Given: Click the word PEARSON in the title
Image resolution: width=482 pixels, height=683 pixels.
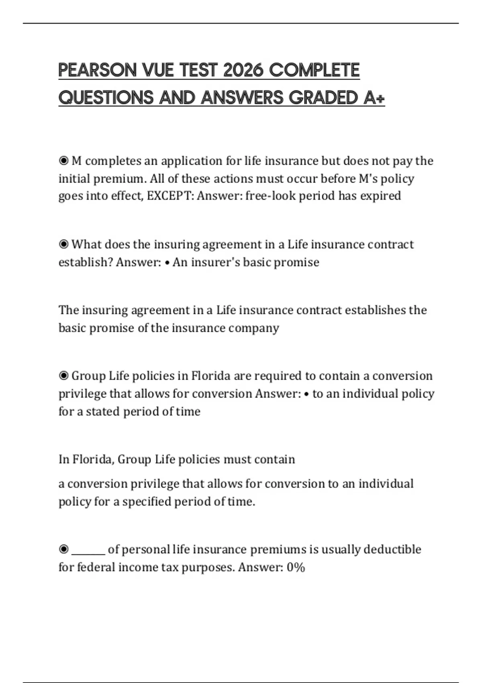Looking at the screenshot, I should pos(98,70).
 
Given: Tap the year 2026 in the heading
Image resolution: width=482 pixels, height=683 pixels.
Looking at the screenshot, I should pos(243,70).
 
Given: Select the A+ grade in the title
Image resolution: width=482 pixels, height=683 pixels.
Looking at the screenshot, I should pos(374,98).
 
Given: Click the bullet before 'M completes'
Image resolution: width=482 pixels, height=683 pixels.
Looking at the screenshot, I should pos(63,161).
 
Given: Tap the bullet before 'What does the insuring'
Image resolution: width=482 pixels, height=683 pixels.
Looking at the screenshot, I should pos(63,244).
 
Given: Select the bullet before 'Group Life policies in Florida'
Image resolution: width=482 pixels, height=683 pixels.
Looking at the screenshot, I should pos(63,376).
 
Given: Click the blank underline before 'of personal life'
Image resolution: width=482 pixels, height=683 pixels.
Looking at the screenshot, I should pos(88,550).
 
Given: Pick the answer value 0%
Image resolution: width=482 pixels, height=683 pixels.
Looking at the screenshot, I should pos(296,567).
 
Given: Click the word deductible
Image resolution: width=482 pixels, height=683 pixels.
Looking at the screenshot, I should pos(392,549).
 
